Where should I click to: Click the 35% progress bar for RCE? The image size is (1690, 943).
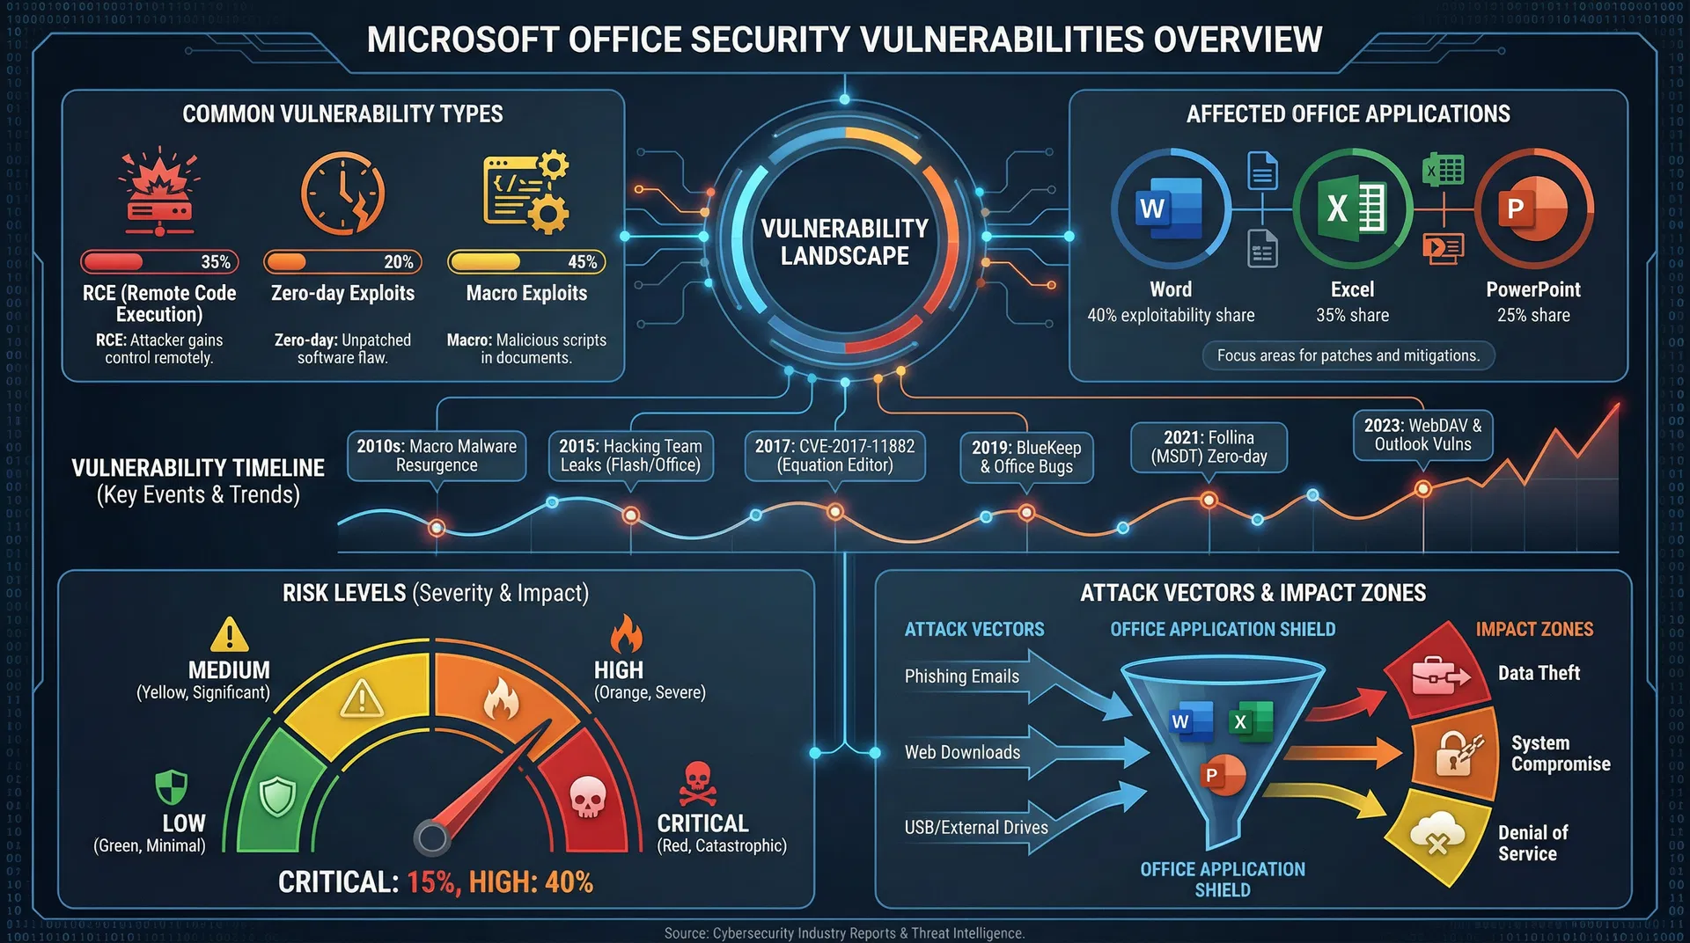coord(159,261)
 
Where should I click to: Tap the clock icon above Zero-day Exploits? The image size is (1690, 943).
coord(342,194)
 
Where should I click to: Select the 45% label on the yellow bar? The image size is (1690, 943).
coord(582,262)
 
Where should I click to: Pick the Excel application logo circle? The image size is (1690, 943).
coord(1352,208)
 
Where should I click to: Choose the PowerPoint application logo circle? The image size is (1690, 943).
coord(1533,208)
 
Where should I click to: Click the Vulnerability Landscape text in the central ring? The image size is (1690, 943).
coord(844,242)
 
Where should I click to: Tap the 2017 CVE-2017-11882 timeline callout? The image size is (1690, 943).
coord(834,456)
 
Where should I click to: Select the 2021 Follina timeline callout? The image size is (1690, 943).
coord(1209,447)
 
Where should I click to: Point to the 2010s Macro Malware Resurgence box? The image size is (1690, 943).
coord(437,456)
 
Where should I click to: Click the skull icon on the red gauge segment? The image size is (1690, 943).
coord(587,797)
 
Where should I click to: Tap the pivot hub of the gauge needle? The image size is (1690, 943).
coord(432,837)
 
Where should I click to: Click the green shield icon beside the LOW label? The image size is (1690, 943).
coord(171,786)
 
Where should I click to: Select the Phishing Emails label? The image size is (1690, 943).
coord(961,676)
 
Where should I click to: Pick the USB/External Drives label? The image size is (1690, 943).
coord(976,828)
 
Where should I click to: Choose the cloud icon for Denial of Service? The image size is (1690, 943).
coord(1436,833)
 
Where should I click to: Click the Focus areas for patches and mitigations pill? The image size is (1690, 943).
coord(1348,355)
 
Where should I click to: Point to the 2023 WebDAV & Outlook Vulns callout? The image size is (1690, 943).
coord(1422,435)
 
